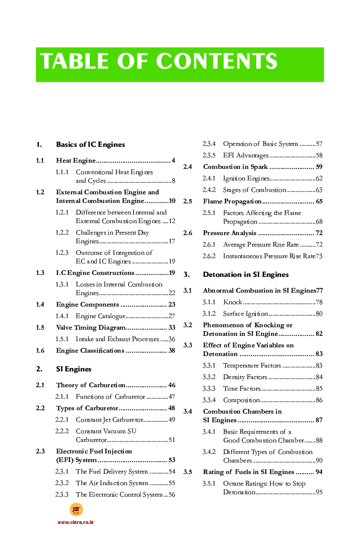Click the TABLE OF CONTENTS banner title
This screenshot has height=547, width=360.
point(159,62)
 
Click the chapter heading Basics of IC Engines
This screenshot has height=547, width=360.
point(90,144)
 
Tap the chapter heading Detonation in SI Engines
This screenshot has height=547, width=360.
point(246,274)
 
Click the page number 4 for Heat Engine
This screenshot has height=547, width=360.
point(173,160)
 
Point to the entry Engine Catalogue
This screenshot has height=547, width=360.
point(100,316)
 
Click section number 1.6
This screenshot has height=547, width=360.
point(40,351)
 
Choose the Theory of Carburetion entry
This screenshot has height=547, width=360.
point(91,385)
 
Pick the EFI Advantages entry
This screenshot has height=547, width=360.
point(246,155)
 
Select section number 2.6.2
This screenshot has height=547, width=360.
point(209,256)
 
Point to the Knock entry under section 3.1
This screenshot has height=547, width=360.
point(233,302)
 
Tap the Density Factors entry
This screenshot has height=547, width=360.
point(245,377)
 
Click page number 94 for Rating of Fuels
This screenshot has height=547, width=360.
point(319,472)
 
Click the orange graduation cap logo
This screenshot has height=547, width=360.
point(76,510)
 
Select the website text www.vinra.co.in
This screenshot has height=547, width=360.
point(75,522)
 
